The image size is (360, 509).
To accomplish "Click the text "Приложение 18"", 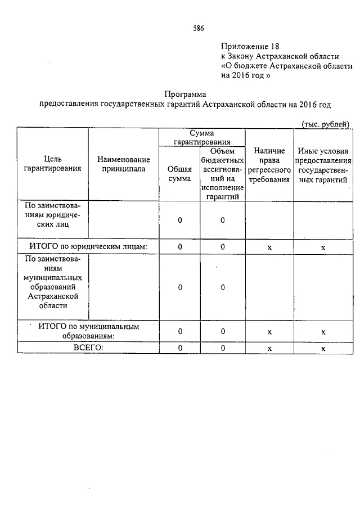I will pyautogui.click(x=250, y=46).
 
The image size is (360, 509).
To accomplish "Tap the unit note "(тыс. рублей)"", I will pyautogui.click(x=326, y=123).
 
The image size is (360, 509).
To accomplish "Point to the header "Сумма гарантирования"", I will pyautogui.click(x=201, y=137).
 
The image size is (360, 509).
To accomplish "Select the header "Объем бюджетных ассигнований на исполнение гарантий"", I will pyautogui.click(x=223, y=174).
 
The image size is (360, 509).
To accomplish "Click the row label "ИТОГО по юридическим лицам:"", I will pyautogui.click(x=88, y=247).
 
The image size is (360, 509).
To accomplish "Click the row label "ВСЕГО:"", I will pyautogui.click(x=88, y=348).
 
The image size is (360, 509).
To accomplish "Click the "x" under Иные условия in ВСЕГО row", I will pyautogui.click(x=323, y=349).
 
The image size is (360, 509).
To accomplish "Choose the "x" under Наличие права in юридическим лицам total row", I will pyautogui.click(x=269, y=247).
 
